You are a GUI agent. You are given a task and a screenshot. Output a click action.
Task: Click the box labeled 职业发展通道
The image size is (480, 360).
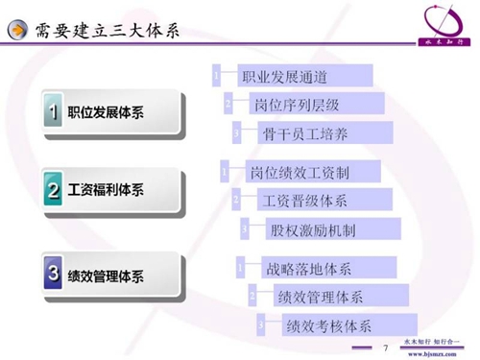point(297,76)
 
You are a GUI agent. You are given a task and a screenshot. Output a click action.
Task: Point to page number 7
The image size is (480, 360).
point(385,347)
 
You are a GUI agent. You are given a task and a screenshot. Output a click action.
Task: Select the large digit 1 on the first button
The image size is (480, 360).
point(55,112)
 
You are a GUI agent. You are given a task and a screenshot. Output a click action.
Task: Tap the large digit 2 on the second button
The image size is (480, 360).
point(55,191)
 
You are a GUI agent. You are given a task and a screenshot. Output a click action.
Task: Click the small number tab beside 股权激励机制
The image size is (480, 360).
point(245,229)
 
